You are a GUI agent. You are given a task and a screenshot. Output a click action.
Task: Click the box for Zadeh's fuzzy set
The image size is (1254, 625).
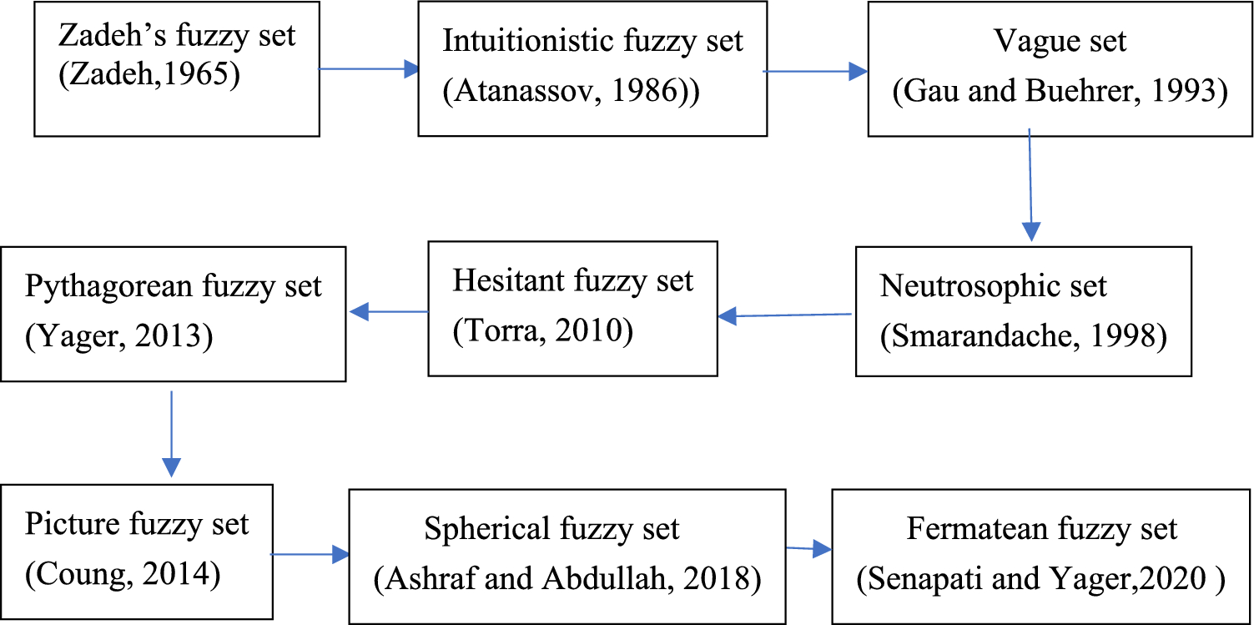tap(176, 68)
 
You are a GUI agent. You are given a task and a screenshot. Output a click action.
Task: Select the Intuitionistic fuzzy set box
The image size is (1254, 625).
tap(592, 68)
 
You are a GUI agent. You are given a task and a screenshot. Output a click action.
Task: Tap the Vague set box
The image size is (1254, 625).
tap(1060, 68)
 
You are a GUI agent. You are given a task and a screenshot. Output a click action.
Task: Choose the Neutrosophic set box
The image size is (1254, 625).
tap(1023, 310)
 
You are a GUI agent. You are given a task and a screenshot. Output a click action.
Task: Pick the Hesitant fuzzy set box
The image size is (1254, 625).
tap(572, 309)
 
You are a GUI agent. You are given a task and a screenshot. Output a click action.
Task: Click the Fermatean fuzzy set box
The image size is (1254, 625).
tap(1041, 554)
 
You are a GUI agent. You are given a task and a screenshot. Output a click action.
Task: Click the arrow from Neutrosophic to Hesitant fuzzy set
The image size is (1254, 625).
tap(784, 315)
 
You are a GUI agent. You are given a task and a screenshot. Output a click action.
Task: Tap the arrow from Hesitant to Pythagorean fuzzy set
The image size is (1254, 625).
tap(388, 312)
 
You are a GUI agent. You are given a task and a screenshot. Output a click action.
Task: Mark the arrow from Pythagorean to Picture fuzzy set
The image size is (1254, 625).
tap(171, 433)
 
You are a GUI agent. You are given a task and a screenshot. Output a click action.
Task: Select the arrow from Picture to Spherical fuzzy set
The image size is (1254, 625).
tap(310, 553)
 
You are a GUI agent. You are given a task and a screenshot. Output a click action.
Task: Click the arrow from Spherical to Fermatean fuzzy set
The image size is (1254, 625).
tap(808, 548)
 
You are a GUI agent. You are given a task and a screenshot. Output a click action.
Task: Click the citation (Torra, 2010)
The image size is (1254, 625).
tap(543, 331)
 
